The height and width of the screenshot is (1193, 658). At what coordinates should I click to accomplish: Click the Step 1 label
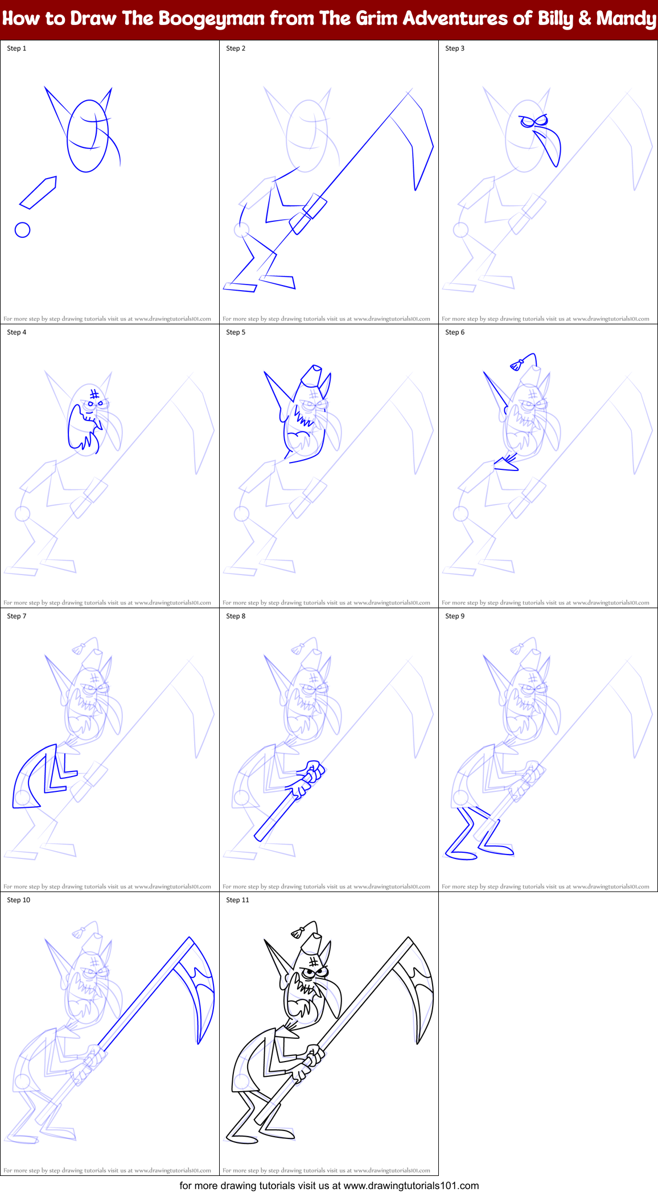(17, 48)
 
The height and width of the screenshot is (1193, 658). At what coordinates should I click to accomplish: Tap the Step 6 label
(455, 332)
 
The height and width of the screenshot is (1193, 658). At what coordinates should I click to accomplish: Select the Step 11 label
(237, 900)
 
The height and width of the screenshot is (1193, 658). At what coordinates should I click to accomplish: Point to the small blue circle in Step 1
(22, 230)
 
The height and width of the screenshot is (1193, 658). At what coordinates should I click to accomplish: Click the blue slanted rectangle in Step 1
(38, 192)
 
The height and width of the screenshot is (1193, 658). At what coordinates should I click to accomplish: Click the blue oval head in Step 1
(87, 135)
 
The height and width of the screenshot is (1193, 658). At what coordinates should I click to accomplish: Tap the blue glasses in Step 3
(533, 121)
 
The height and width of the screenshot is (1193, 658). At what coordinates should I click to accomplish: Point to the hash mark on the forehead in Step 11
(314, 961)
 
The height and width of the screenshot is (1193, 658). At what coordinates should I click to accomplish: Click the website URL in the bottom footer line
(411, 1186)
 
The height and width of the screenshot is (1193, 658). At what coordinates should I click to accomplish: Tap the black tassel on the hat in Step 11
(297, 933)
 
